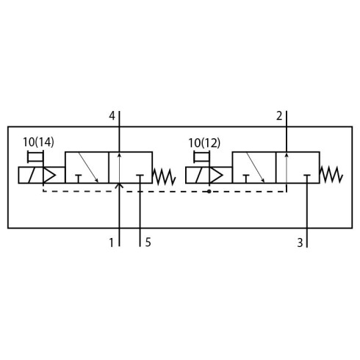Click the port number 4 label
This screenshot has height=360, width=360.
[x=112, y=116]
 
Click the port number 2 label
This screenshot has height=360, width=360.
[x=279, y=116]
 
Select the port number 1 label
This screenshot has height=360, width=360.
[x=112, y=242]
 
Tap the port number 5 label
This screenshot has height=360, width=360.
[x=148, y=242]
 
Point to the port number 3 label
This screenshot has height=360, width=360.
[x=300, y=242]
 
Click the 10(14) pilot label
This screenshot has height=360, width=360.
[x=38, y=143]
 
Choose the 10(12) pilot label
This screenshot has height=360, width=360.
[x=204, y=143]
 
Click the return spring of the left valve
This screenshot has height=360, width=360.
[x=164, y=176]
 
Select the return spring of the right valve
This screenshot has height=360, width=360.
[x=331, y=175]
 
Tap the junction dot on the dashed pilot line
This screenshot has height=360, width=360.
[x=209, y=191]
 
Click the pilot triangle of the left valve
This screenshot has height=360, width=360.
[x=49, y=176]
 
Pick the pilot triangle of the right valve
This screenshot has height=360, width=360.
[x=216, y=176]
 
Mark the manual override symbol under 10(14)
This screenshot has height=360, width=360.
[x=35, y=157]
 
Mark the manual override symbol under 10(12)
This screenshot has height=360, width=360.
[x=202, y=157]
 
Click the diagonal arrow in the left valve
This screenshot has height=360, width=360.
[x=88, y=168]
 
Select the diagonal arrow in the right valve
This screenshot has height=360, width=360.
[x=256, y=168]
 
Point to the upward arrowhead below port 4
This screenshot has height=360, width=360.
[x=119, y=155]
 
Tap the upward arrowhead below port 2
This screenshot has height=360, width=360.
[x=287, y=155]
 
